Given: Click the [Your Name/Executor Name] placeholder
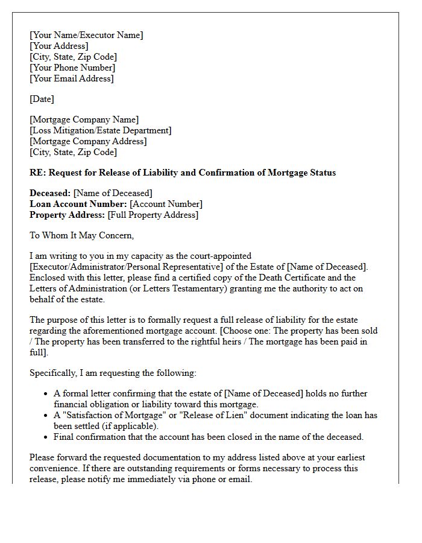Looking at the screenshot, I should point(86,35).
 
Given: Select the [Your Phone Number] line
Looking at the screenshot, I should point(72,68).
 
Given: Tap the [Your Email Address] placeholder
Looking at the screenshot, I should point(72,78).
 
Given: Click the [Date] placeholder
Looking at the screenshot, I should point(42,99).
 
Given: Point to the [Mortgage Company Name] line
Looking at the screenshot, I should point(84,119).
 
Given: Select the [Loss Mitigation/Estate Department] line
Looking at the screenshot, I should point(100,130).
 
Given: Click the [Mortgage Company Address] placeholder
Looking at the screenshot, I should point(88,141).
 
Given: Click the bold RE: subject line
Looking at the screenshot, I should point(183,173).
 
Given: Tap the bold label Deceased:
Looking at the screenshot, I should point(50,193).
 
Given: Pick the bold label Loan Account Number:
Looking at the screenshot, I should point(78,204).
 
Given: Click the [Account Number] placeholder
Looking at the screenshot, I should point(166,204).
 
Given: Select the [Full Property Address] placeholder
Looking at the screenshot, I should point(153,215).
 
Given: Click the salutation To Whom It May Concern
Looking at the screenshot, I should point(81,235).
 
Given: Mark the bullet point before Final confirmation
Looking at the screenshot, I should point(46,437).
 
